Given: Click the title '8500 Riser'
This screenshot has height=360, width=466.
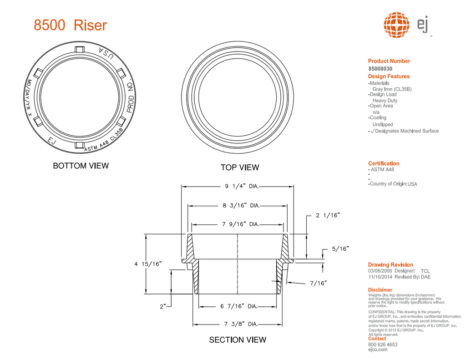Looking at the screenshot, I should (x=70, y=25).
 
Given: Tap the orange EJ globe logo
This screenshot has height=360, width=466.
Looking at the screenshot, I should (x=397, y=25).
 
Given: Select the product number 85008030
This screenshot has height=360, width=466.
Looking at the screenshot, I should (x=380, y=69).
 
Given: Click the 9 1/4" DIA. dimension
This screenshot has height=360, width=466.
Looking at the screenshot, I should (x=242, y=186).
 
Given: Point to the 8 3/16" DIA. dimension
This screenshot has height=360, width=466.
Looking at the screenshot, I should (x=241, y=206).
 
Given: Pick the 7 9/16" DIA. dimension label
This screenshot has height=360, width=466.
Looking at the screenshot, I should (x=240, y=224).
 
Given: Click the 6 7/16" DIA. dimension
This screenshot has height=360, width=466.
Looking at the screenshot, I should (x=239, y=306).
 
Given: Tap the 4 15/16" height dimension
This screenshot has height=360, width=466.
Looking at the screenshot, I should (x=148, y=264).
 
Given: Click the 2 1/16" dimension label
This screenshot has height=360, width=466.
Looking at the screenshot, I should (x=328, y=215).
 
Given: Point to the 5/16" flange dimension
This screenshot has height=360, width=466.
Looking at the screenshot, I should (x=340, y=249).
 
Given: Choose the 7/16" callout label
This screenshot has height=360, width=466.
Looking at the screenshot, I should (x=319, y=283).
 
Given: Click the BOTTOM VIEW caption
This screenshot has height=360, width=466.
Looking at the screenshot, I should (x=81, y=166).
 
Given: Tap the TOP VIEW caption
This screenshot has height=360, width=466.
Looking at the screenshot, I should (x=240, y=167).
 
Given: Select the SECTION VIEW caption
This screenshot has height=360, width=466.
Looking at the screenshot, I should (x=238, y=340).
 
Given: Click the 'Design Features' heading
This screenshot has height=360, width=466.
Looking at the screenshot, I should (x=389, y=76).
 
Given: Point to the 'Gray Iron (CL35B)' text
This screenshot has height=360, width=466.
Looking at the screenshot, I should (x=392, y=89).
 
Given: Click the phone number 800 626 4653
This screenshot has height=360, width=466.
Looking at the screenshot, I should (x=383, y=345).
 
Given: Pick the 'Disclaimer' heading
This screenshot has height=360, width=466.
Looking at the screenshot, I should (x=380, y=289).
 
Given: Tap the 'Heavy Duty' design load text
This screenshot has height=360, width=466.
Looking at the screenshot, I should (x=385, y=101).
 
